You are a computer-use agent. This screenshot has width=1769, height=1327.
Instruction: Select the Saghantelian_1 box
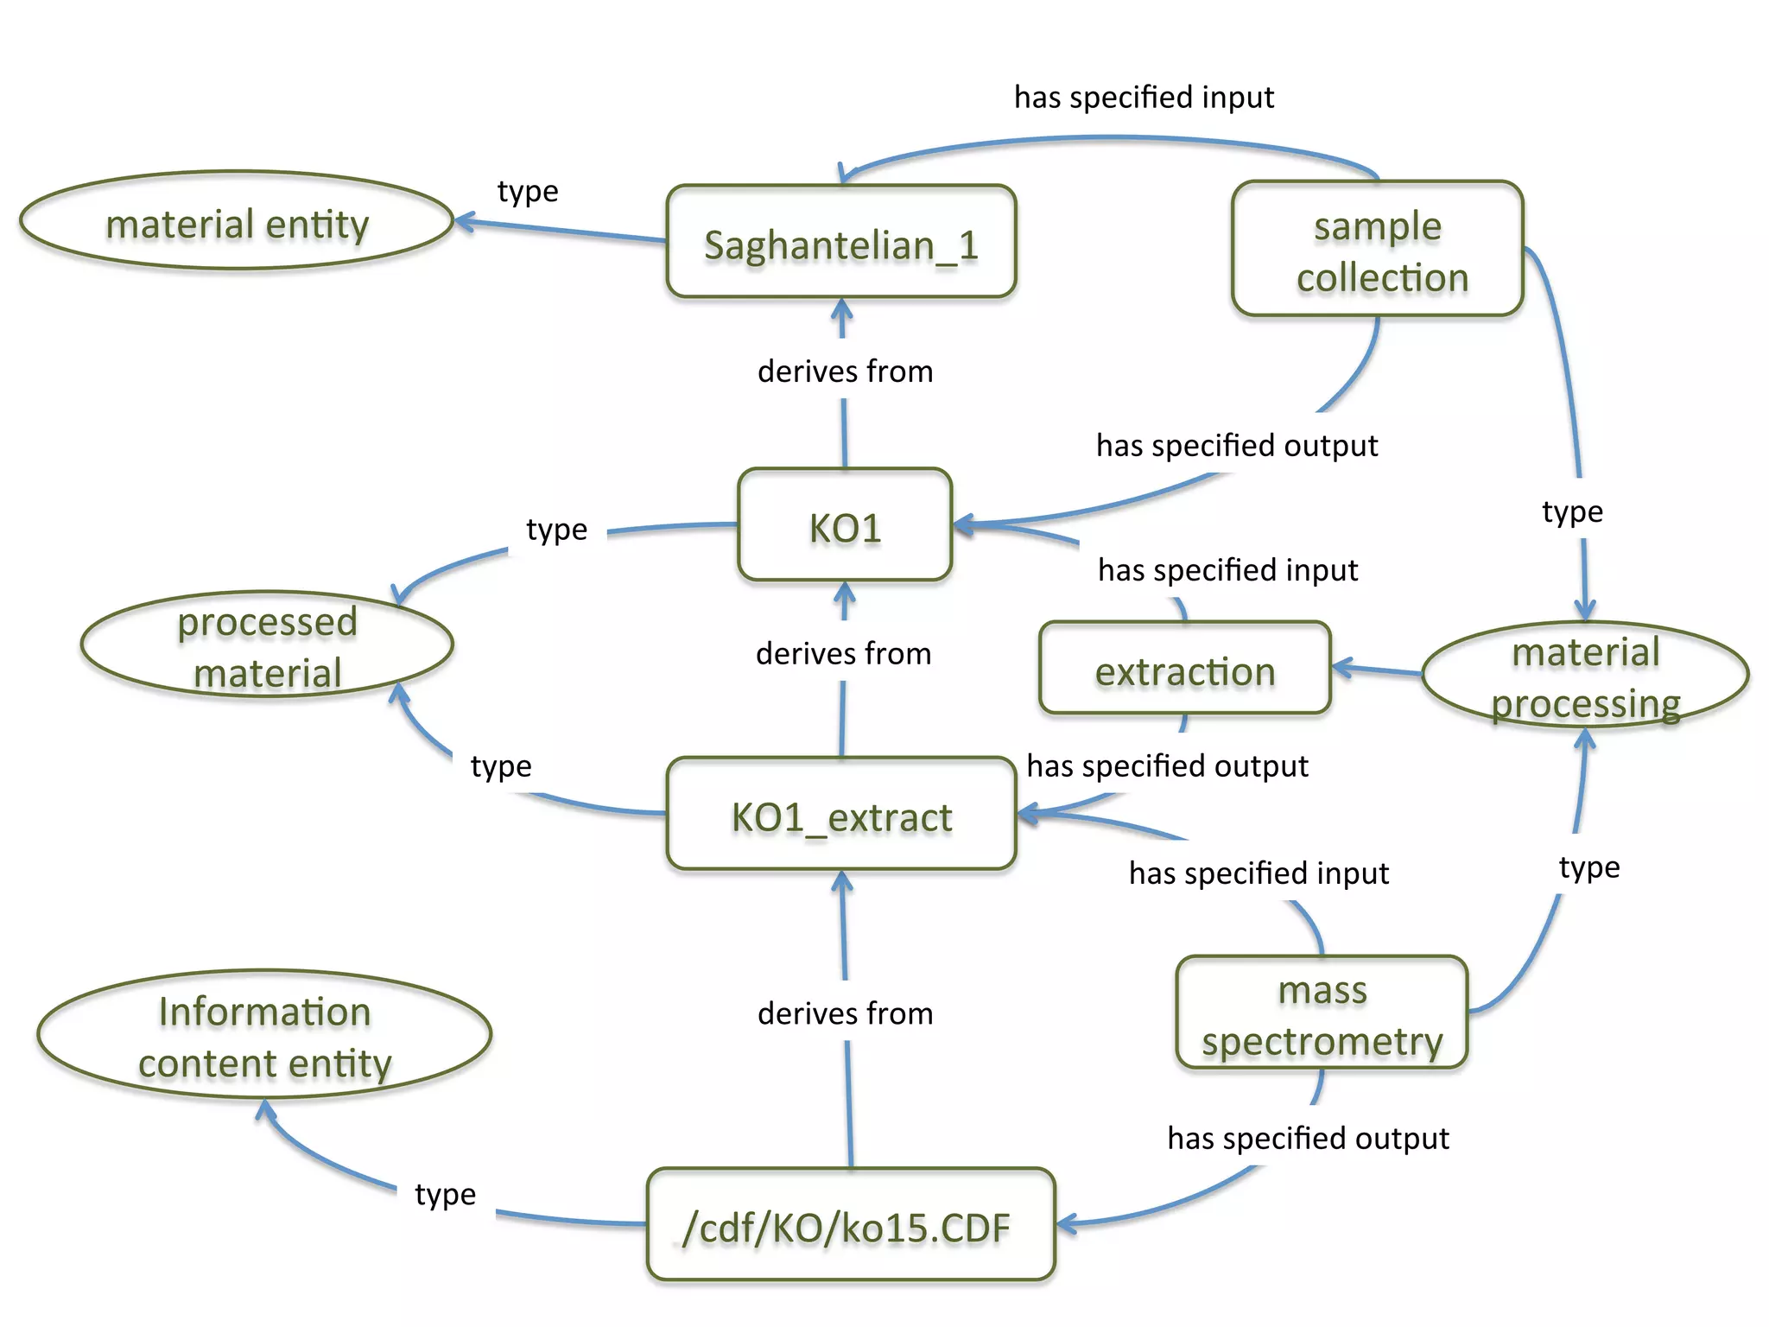coord(840,243)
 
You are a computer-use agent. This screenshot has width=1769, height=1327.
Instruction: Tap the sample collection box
coord(1377,250)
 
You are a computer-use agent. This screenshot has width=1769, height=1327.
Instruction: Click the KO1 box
coord(844,526)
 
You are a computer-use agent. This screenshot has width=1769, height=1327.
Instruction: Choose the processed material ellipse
coord(267,645)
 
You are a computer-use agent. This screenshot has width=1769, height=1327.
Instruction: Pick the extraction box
coord(1184,670)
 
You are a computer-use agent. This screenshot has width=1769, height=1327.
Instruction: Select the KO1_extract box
coord(840,815)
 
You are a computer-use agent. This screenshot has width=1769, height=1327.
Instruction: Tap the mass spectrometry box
coord(1322,1013)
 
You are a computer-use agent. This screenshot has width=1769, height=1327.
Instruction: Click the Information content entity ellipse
coord(264,1035)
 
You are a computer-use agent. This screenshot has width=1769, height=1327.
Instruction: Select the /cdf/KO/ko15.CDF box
coord(850,1225)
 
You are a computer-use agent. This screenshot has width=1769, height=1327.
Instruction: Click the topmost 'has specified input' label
coord(1144,97)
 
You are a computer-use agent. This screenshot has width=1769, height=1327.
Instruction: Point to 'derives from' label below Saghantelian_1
coord(845,371)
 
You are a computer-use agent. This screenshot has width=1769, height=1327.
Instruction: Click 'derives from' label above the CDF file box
coord(845,1013)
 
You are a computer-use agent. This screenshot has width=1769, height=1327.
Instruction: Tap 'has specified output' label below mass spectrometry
coord(1308,1138)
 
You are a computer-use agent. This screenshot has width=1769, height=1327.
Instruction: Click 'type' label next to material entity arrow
coord(528,191)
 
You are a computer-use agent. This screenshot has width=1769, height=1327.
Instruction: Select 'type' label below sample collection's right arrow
coord(1572,511)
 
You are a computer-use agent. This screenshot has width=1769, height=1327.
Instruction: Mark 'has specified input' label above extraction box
coord(1227,570)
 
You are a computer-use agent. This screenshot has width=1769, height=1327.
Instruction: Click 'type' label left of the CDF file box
coord(445,1194)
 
